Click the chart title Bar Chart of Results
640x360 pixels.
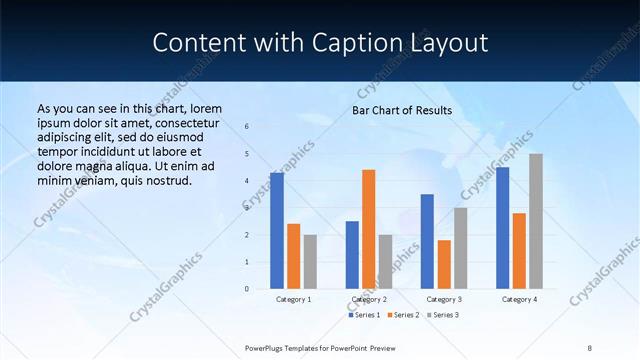click(x=401, y=110)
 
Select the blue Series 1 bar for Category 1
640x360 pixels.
click(x=277, y=231)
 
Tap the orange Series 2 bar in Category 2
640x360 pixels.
click(x=368, y=229)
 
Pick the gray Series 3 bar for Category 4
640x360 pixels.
click(x=536, y=221)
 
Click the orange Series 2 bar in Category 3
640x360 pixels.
click(x=444, y=264)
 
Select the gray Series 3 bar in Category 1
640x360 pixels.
click(x=310, y=262)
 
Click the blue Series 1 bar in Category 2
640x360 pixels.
click(x=352, y=255)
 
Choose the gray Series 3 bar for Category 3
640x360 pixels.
click(x=460, y=248)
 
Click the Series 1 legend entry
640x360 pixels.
click(x=364, y=315)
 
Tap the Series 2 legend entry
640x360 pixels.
click(x=401, y=315)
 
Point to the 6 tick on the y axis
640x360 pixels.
click(x=247, y=127)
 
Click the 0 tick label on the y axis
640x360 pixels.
click(x=247, y=289)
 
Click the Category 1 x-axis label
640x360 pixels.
click(x=293, y=299)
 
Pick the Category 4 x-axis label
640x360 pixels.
click(x=519, y=299)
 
